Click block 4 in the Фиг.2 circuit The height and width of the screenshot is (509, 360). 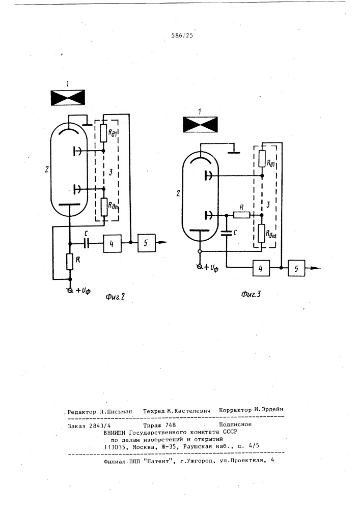tap(113, 244)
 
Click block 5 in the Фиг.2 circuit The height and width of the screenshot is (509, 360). tap(145, 244)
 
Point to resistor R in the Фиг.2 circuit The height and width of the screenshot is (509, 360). tap(70, 263)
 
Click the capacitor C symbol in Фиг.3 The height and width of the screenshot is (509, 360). tap(227, 233)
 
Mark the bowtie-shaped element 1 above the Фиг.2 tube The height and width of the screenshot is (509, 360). tap(68, 97)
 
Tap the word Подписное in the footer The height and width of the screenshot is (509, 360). tap(235, 423)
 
